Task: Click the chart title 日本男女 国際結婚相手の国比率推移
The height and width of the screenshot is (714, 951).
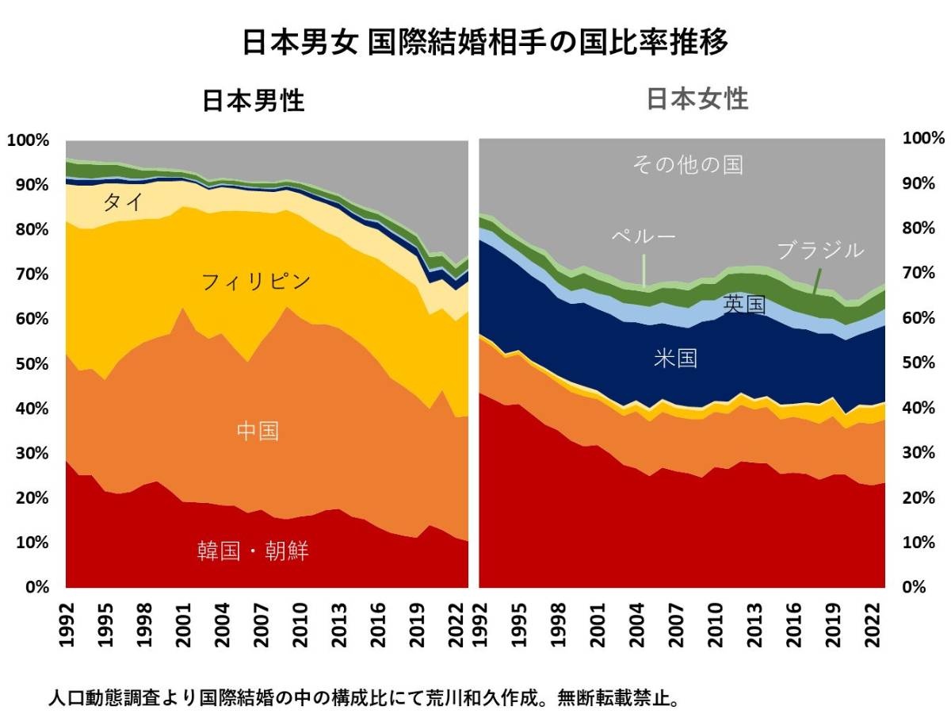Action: point(484,42)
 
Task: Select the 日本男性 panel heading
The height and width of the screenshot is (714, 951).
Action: point(254,101)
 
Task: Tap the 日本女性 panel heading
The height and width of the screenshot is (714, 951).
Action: point(697,99)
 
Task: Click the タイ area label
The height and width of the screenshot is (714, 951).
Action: point(123,202)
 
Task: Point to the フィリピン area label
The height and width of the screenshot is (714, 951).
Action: point(256,281)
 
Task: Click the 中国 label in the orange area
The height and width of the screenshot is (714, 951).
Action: point(258,432)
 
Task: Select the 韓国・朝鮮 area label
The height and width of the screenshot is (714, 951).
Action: point(253,551)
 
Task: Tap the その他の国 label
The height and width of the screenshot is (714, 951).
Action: point(688,164)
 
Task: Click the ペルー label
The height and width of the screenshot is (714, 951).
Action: point(643,236)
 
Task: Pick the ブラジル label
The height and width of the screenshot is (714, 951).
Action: point(819,251)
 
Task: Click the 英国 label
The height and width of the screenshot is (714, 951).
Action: point(744,304)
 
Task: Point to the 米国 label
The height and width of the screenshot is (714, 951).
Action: point(675,359)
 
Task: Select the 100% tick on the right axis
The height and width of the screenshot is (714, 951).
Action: point(924,138)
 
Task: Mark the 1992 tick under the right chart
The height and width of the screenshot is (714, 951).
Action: point(479,626)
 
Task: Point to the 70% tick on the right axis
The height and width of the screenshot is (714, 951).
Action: point(920,273)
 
